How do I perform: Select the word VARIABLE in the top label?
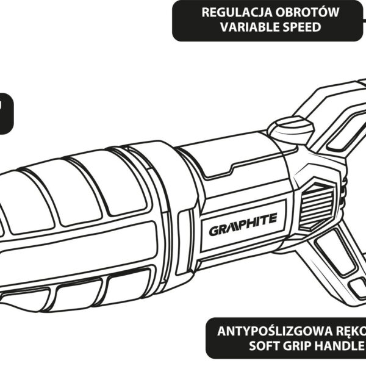pos(239,28)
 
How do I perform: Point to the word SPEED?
pos(301,28)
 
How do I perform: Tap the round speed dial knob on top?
pos(291,131)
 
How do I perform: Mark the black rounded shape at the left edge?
pos(5,113)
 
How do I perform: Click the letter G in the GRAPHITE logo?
pos(213,231)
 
